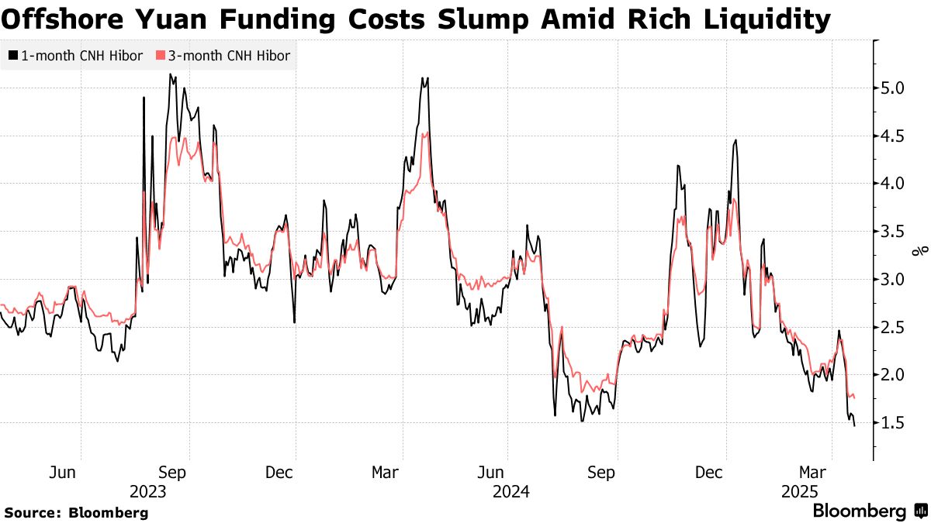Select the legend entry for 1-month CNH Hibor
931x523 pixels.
coord(75,56)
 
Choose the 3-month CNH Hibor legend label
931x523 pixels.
coord(223,56)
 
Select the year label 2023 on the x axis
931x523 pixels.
coord(148,491)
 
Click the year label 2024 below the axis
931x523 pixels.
coord(510,491)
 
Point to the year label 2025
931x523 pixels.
coord(800,491)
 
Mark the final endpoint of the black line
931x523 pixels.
coord(855,425)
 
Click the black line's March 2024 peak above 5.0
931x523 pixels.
coord(424,77)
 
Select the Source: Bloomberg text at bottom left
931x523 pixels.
coord(75,512)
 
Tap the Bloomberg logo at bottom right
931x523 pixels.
coord(868,511)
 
